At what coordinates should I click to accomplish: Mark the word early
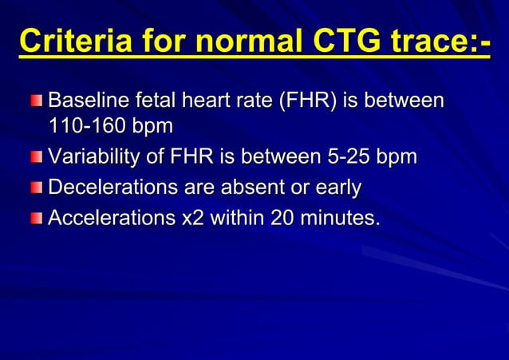334,188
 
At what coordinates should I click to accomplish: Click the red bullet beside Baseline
37,102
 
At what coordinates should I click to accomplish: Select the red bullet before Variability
37,158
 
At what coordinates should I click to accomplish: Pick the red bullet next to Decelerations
37,188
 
